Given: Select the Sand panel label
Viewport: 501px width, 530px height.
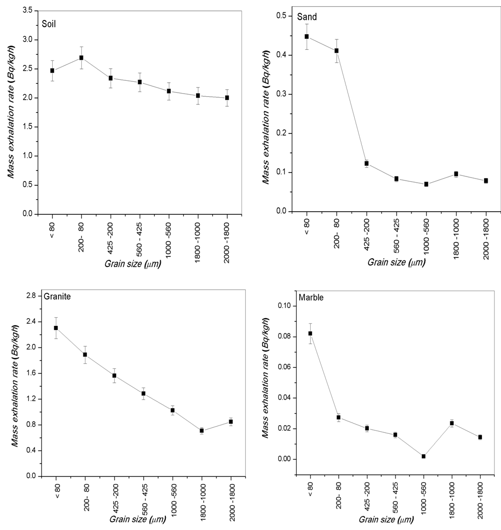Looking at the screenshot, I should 307,17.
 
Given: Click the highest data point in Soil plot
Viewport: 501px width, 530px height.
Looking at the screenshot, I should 81,58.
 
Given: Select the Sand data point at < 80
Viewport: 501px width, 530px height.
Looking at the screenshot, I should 307,36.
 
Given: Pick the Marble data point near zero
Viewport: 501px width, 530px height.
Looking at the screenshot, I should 423,456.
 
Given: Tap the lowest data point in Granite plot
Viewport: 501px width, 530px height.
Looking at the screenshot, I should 202,431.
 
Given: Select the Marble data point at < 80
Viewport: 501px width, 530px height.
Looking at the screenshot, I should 310,334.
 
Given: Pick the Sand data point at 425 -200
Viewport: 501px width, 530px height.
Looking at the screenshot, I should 366,163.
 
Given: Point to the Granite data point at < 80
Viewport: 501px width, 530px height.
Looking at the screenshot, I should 56,328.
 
